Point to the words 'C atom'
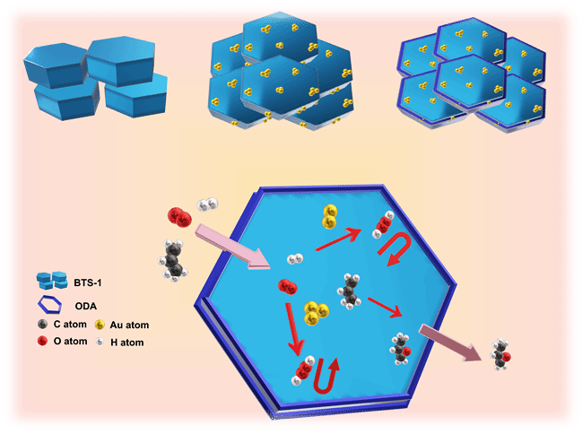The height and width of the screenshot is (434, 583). pyautogui.click(x=69, y=325)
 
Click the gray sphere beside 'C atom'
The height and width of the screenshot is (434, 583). pyautogui.click(x=43, y=325)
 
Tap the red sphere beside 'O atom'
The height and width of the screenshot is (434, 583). pyautogui.click(x=43, y=342)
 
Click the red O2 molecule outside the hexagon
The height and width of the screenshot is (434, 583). pyautogui.click(x=178, y=217)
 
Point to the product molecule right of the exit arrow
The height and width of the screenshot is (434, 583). pyautogui.click(x=502, y=356)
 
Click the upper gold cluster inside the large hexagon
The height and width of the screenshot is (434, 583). pyautogui.click(x=329, y=215)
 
